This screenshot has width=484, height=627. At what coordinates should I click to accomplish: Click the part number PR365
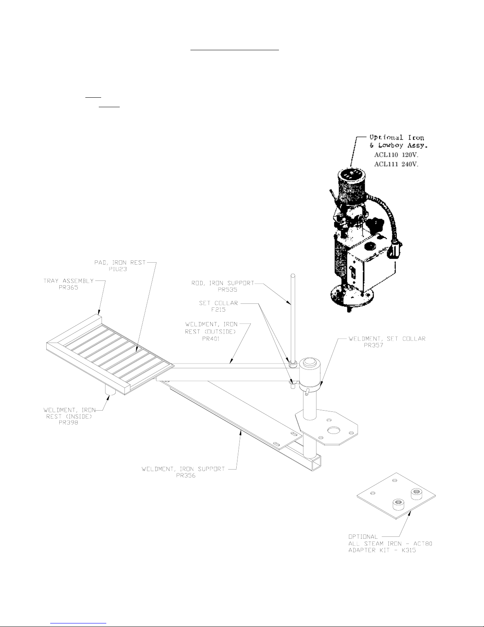tap(68, 287)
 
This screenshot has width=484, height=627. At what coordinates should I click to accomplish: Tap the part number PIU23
tap(118, 269)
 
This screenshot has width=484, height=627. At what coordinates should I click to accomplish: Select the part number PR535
tap(227, 290)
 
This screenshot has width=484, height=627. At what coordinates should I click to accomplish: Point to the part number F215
tap(218, 310)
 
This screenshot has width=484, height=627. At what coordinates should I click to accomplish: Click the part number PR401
tap(211, 339)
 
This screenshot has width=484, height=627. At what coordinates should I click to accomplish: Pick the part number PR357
tap(373, 345)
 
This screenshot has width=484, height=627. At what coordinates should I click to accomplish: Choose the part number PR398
tap(68, 422)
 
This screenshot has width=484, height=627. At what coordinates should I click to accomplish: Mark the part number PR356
tap(186, 475)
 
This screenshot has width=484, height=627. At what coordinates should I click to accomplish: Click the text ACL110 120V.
tap(396, 155)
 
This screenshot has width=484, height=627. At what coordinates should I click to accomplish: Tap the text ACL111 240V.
tap(396, 164)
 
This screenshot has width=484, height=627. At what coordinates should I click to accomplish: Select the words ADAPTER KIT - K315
tap(382, 550)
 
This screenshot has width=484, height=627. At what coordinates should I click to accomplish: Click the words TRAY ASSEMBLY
tap(69, 281)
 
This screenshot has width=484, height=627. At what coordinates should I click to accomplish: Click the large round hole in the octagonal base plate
tap(334, 431)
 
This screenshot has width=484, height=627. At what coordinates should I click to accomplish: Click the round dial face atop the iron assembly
tap(352, 174)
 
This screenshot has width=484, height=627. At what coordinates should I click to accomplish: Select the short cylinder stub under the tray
tap(110, 390)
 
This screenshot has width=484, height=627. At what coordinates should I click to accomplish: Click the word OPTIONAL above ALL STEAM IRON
tap(363, 537)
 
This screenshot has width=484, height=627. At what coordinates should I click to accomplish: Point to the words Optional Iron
tap(397, 137)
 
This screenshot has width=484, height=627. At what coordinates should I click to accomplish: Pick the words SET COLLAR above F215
tap(218, 303)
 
